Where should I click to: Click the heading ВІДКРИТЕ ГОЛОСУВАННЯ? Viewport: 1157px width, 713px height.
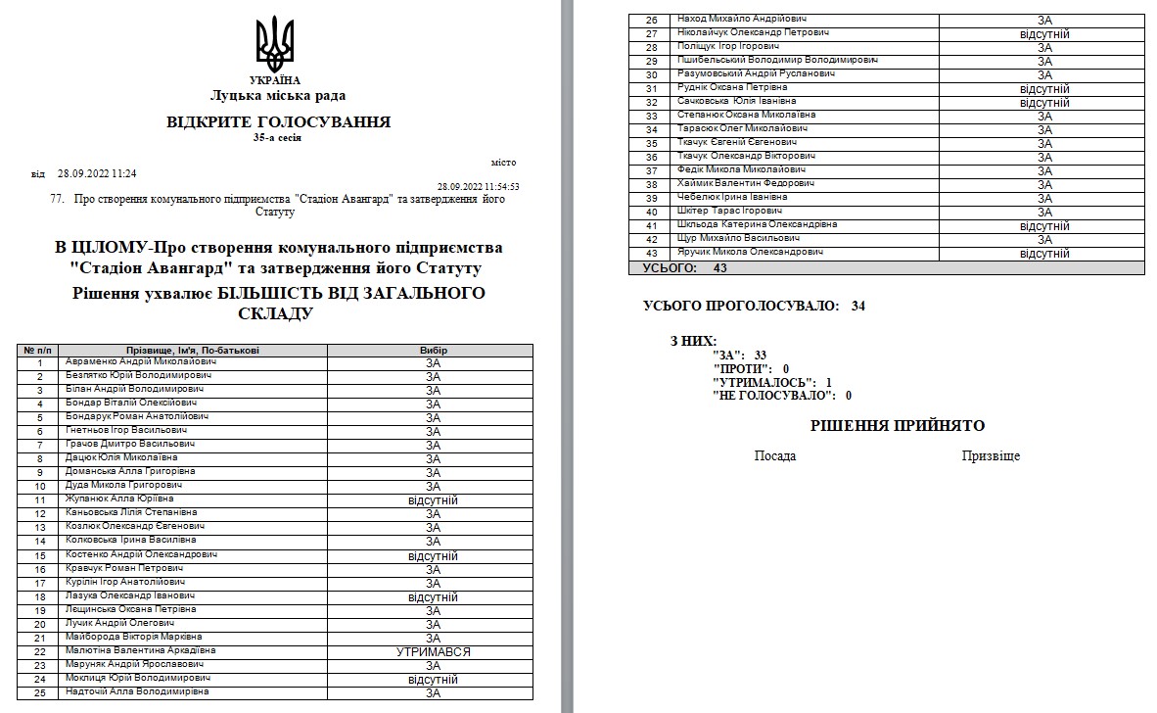[278, 122]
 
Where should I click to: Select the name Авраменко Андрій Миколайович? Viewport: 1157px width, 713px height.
[140, 361]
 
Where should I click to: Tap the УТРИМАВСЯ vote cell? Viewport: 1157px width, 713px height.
[433, 651]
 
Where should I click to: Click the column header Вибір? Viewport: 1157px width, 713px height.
[433, 350]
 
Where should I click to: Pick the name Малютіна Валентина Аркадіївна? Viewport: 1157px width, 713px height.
[140, 650]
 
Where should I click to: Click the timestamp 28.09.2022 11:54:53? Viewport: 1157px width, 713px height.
[478, 186]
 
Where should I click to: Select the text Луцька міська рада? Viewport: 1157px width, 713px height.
[277, 96]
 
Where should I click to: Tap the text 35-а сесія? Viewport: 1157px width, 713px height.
[277, 138]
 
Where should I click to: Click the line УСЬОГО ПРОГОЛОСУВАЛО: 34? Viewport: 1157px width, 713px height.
[754, 307]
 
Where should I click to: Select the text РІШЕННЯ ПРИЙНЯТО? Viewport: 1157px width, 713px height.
[898, 426]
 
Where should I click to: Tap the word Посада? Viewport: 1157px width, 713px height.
[775, 456]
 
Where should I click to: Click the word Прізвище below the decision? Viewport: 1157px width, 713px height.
[991, 456]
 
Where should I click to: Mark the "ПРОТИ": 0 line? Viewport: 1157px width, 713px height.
[752, 368]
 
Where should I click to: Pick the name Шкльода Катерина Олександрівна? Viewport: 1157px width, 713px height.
[757, 224]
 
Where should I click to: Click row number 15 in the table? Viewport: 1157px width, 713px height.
[40, 555]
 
